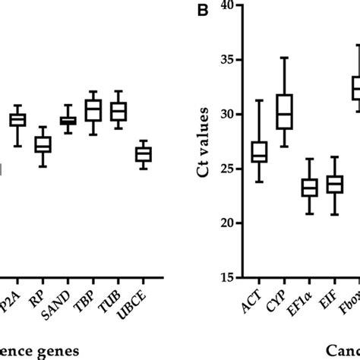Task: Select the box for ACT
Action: (x=259, y=151)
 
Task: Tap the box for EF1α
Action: (x=309, y=187)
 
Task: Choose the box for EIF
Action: (x=334, y=185)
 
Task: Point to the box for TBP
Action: (x=93, y=111)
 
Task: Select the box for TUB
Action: (x=118, y=112)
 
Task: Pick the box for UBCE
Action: (x=144, y=154)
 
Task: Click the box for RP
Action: (x=43, y=144)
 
